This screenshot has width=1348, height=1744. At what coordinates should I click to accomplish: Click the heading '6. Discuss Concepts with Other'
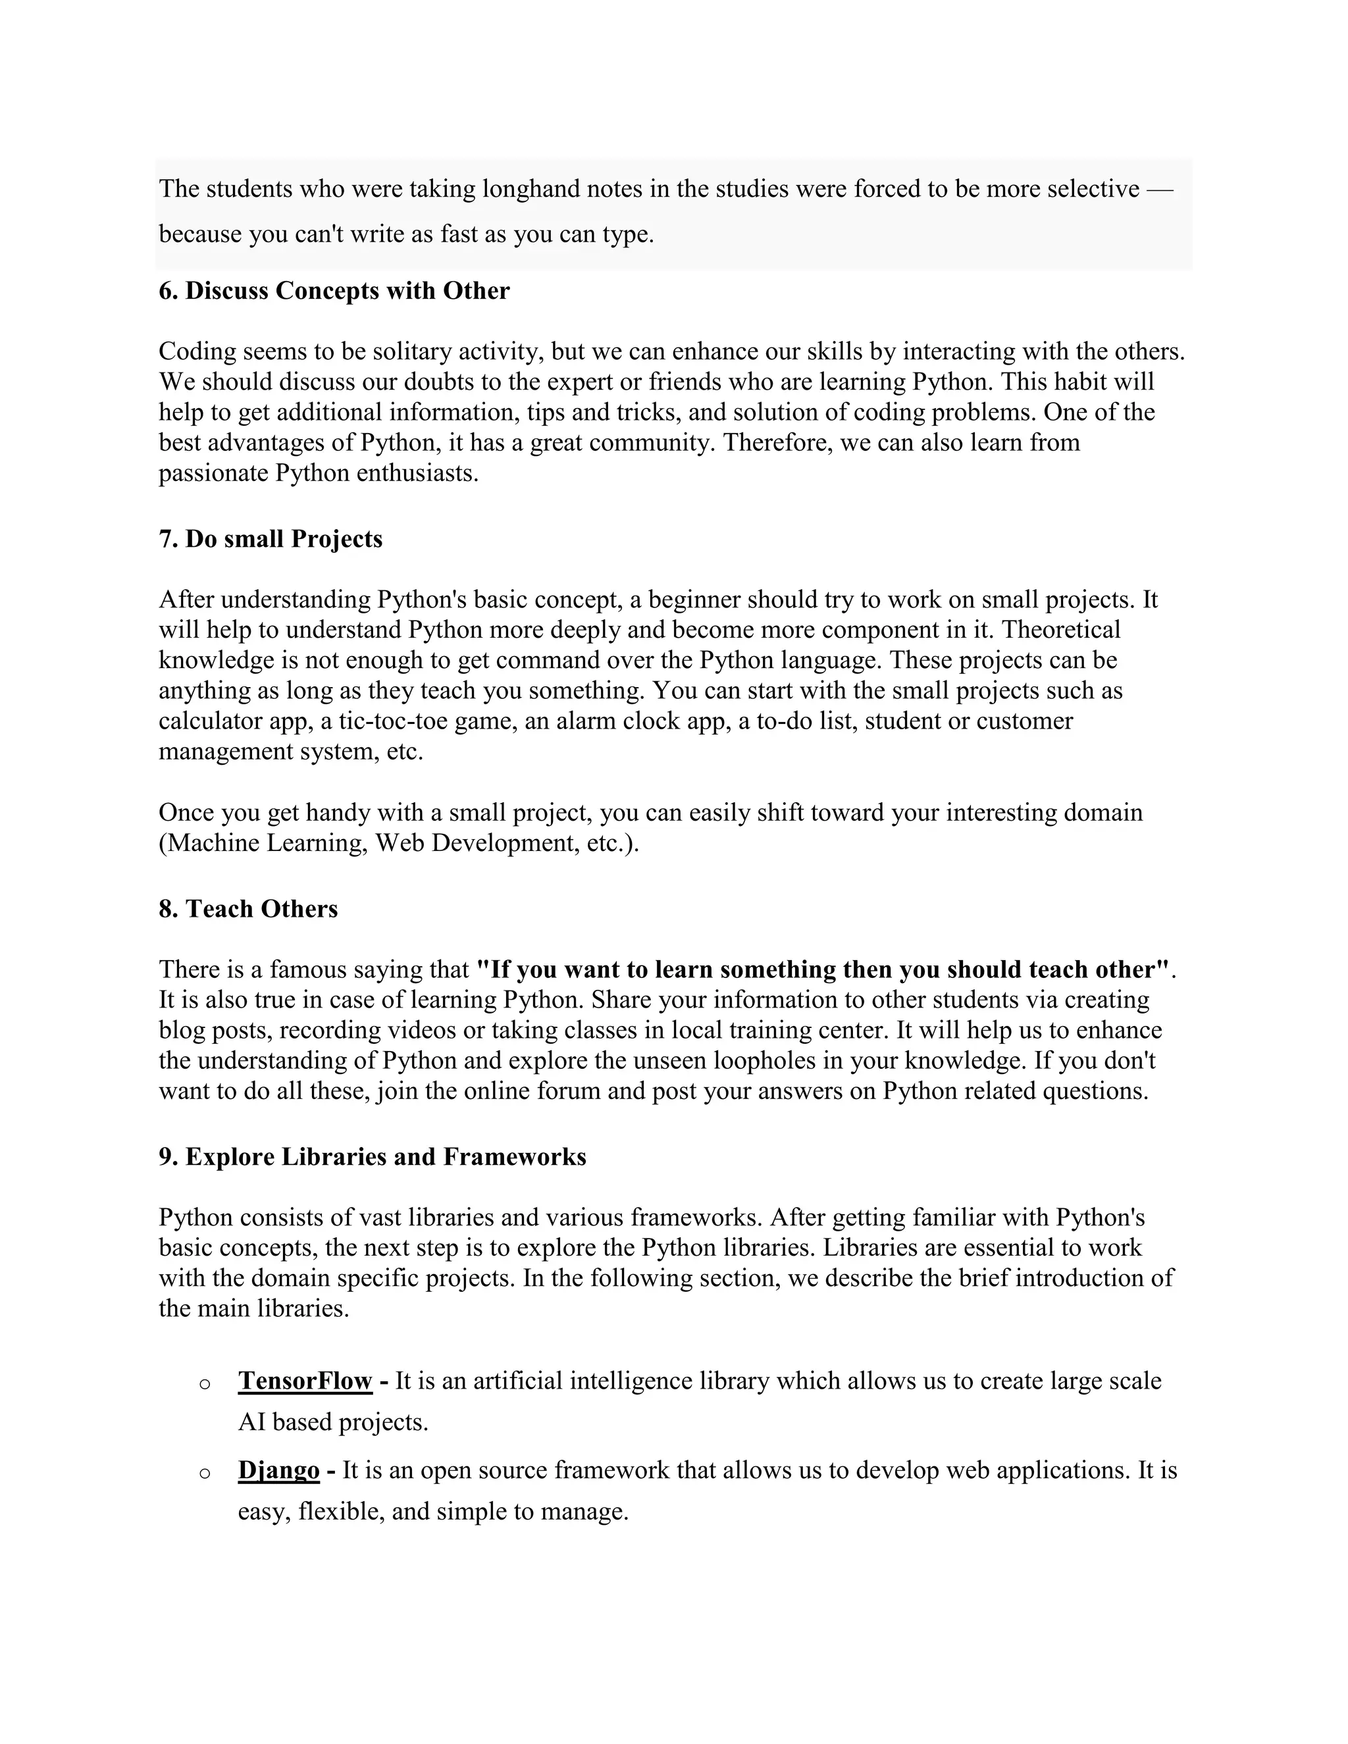pos(334,291)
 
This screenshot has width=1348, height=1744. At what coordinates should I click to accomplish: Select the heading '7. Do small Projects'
pos(271,539)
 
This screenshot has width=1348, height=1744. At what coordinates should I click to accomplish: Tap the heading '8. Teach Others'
pos(248,909)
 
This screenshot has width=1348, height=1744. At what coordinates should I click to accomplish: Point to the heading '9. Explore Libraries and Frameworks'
pos(372,1157)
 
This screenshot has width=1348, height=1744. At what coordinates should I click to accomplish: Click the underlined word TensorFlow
pos(305,1381)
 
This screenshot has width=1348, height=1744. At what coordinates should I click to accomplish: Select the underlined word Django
pos(278,1470)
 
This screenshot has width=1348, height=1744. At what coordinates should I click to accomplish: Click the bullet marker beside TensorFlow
pos(205,1383)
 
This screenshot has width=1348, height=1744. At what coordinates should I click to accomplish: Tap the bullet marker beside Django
pos(205,1472)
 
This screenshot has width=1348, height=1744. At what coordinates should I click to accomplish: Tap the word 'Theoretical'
pos(1060,630)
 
